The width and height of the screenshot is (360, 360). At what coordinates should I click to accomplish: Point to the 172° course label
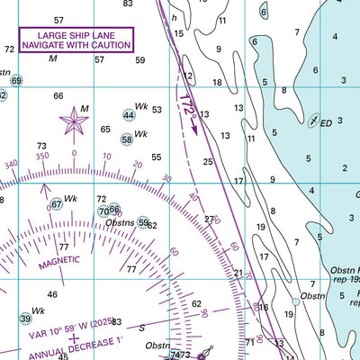tap(187, 105)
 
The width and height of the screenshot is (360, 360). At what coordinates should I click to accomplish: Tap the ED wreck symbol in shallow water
tap(313, 120)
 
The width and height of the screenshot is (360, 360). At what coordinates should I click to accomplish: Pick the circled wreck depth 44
tap(129, 115)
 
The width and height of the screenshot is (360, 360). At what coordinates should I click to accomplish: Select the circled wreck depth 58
tap(127, 139)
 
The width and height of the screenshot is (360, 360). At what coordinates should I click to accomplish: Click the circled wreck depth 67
tap(56, 204)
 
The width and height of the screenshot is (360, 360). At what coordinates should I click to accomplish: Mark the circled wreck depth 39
tap(25, 318)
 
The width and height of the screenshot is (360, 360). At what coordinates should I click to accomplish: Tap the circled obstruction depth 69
tap(16, 81)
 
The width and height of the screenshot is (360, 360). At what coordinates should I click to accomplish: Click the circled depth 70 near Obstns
tap(103, 211)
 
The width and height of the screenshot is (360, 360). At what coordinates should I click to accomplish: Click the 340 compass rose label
tap(11, 165)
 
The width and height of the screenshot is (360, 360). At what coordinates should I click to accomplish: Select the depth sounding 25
tap(208, 162)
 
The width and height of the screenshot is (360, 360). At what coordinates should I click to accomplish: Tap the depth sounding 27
tap(210, 219)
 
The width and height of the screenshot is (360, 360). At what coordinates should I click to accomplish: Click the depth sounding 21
tap(238, 273)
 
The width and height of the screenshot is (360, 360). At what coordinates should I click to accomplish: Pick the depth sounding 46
tap(52, 294)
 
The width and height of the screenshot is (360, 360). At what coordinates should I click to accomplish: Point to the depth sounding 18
tap(217, 82)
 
